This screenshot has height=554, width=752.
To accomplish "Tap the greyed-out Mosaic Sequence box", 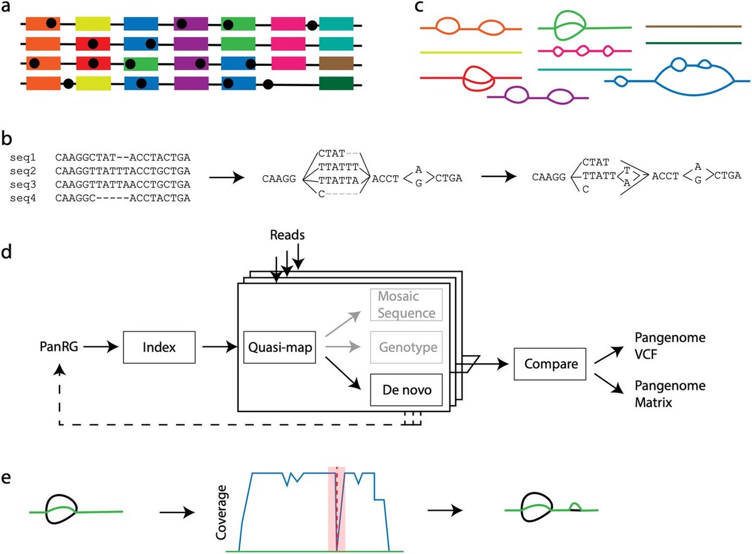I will (402, 305).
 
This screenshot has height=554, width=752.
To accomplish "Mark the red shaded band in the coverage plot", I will (337, 509).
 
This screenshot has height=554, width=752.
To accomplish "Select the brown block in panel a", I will (336, 64).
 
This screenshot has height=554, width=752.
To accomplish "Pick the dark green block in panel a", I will (336, 83).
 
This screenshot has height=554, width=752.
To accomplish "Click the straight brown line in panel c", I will (693, 27).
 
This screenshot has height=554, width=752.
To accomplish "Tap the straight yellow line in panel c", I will (471, 53).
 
